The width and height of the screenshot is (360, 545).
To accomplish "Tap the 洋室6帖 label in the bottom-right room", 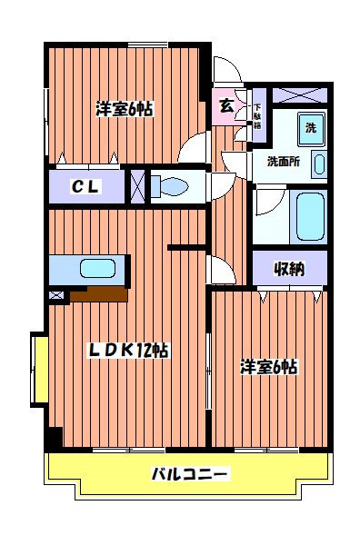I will coord(269,367).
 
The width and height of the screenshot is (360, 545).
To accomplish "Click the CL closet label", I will coord(86,187).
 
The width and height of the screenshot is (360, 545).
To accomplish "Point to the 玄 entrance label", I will coord(225,104).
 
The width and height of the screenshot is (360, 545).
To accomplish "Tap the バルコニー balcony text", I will coord(189,473).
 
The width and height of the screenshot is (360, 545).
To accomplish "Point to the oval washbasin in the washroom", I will coord(319,164).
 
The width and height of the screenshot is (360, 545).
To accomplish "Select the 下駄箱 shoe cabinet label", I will coord(256,110).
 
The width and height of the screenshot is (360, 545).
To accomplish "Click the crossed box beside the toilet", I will coord(137,186).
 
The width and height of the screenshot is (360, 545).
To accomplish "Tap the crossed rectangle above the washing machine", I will coord(296,95).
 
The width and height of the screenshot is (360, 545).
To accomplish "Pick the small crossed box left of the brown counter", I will coord(56,294).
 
